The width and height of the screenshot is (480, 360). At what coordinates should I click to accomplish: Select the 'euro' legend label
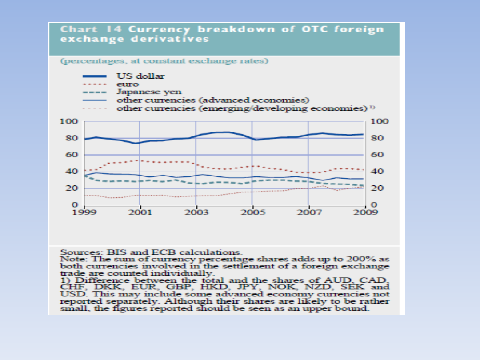pos(128,84)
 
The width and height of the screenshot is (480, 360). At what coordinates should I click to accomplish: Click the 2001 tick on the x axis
pos(140,212)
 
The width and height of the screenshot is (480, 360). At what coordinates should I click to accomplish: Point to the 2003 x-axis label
pos(196,212)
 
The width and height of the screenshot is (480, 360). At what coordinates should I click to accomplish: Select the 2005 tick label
pos(252,212)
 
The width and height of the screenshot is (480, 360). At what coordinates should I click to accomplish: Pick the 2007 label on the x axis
pos(308,212)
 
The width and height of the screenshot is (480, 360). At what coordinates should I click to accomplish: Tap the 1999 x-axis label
pos(84,212)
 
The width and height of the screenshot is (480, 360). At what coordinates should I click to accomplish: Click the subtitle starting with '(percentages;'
pos(164,60)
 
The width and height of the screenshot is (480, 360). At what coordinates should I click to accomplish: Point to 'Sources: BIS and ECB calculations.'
pos(152,252)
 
